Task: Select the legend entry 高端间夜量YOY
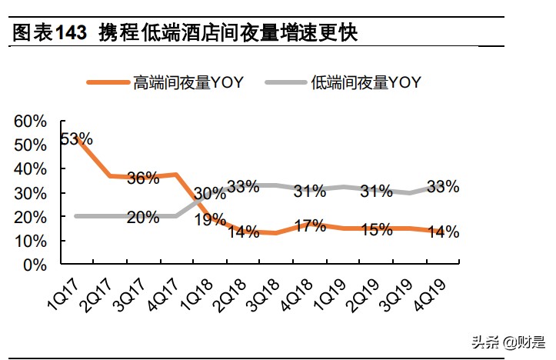[x=188, y=82]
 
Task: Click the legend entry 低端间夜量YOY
[x=366, y=82]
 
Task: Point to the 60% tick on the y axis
[x=31, y=121]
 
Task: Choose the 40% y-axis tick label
[x=31, y=169]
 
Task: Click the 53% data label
[x=76, y=139]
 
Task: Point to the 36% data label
[x=143, y=178]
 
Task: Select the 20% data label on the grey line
[x=143, y=218]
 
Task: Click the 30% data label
[x=210, y=194]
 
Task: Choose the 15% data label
[x=376, y=230]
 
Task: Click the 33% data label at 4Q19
[x=443, y=186]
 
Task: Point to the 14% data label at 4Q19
[x=443, y=232]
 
